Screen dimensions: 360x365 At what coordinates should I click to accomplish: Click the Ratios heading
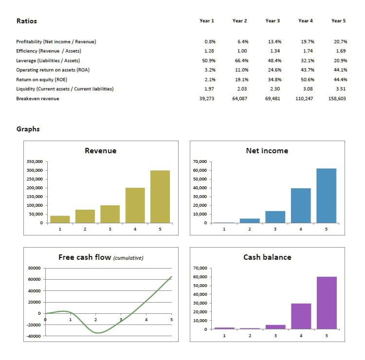pos(27,21)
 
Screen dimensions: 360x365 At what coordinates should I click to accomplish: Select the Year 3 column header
pos(273,21)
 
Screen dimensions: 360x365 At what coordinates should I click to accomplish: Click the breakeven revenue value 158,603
pos(337,99)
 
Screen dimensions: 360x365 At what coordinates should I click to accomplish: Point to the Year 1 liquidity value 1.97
pos(209,89)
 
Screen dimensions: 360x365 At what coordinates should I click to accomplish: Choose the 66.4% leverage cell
pos(241,60)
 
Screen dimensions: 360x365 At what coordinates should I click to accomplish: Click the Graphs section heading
pos(28,129)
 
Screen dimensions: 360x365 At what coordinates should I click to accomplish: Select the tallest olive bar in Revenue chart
pos(160,197)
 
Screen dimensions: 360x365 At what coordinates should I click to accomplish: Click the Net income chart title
pos(267,151)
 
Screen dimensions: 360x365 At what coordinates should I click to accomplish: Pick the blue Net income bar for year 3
pos(275,217)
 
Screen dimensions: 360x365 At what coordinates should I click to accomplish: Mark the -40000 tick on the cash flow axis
pos(34,336)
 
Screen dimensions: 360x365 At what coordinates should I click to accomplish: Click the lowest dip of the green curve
pos(98,333)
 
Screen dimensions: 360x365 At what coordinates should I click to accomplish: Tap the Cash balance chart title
pos(267,257)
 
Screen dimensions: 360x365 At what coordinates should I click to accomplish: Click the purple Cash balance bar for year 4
pos(301,316)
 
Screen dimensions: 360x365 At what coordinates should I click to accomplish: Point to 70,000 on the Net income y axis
pos(201,162)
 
